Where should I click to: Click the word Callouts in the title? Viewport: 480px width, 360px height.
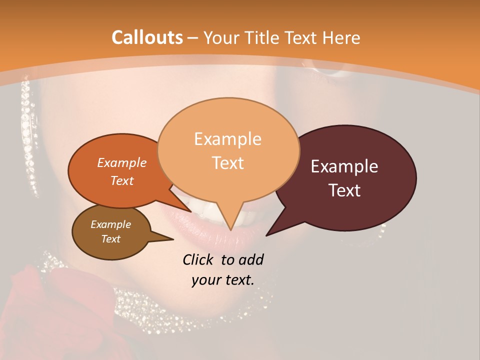[x=147, y=37]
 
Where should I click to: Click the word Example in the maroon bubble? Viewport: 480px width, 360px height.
[x=344, y=166]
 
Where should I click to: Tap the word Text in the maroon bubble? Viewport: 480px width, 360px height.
[x=344, y=190]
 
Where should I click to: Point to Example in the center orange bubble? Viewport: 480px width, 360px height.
[x=227, y=139]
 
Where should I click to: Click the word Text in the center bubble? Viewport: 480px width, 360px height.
[x=227, y=163]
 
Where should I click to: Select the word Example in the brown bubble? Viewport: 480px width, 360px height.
[x=110, y=224]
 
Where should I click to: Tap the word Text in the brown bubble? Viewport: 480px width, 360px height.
[x=110, y=239]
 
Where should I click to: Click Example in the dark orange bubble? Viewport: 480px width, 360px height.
[x=121, y=162]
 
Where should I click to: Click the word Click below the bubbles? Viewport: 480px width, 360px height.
[x=199, y=259]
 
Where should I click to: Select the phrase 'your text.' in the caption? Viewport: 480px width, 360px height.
[x=223, y=280]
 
